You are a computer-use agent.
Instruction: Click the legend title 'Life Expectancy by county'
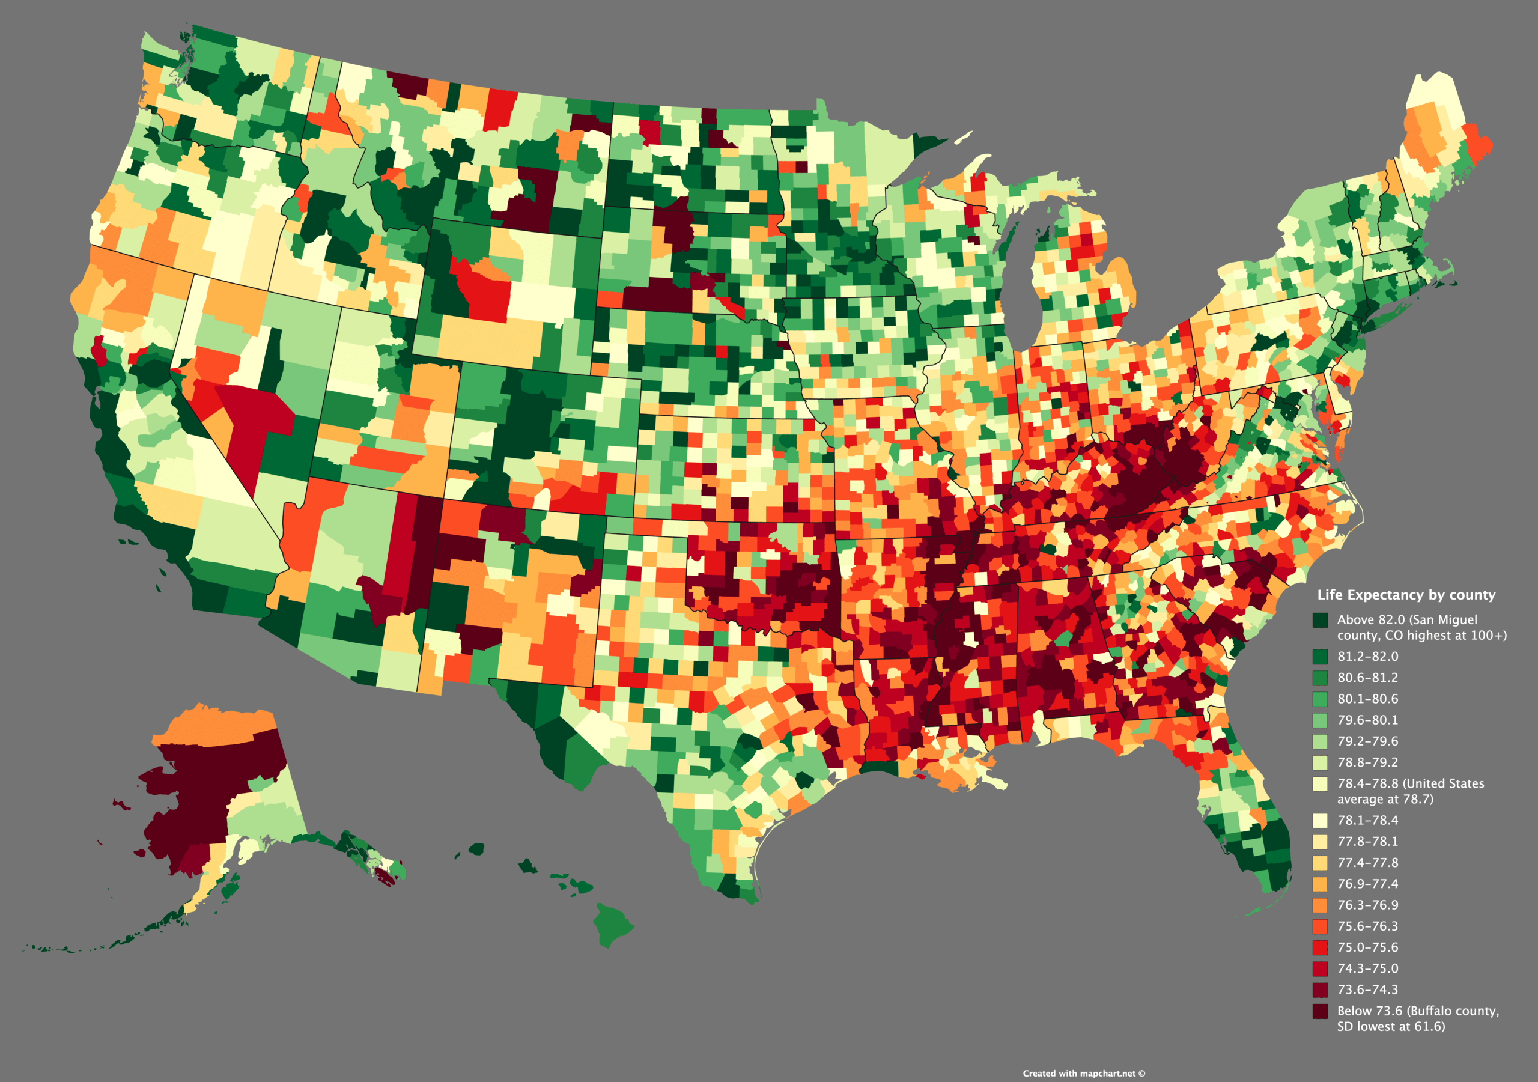(x=1406, y=595)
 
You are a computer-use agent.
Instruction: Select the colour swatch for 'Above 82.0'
(x=1320, y=620)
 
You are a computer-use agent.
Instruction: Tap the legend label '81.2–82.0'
(x=1368, y=657)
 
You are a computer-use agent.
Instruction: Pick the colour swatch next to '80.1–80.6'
(x=1320, y=699)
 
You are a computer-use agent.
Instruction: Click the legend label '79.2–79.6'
(x=1368, y=741)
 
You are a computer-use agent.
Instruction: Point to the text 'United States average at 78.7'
(x=1410, y=791)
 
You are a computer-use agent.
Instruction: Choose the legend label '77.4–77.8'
(x=1368, y=862)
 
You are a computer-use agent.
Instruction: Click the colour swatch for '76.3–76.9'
(x=1320, y=905)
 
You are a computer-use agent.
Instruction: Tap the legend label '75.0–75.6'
(x=1368, y=947)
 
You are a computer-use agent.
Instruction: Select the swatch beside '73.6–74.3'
(x=1320, y=989)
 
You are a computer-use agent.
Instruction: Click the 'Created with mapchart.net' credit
(x=1083, y=1074)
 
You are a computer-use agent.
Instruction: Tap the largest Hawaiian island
(x=612, y=924)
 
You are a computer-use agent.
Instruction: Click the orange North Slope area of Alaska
(x=214, y=727)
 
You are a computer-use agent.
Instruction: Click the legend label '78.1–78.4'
(x=1368, y=820)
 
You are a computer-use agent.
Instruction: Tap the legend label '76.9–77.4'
(x=1368, y=884)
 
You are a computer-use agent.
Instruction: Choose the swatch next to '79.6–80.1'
(x=1320, y=720)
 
